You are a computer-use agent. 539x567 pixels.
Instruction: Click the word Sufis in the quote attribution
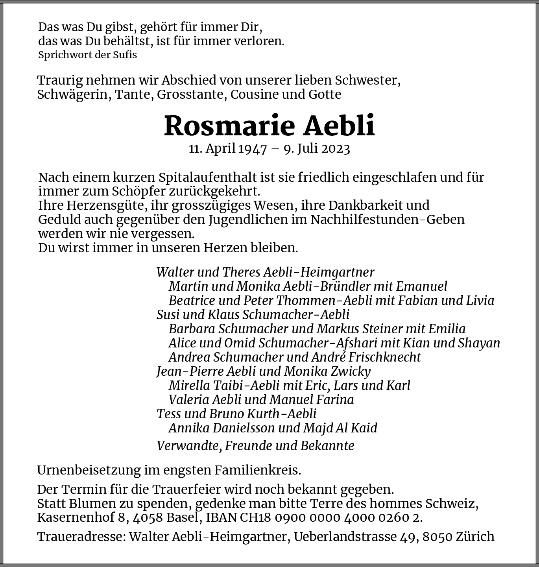pyautogui.click(x=125, y=55)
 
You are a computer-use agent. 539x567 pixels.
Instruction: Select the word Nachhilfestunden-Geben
pyautogui.click(x=388, y=220)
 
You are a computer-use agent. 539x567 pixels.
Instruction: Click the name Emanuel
pyautogui.click(x=422, y=286)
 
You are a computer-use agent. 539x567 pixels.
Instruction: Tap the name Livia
pyautogui.click(x=480, y=301)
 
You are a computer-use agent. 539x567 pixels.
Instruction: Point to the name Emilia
pyautogui.click(x=447, y=329)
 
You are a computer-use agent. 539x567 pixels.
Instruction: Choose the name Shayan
pyautogui.click(x=479, y=343)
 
